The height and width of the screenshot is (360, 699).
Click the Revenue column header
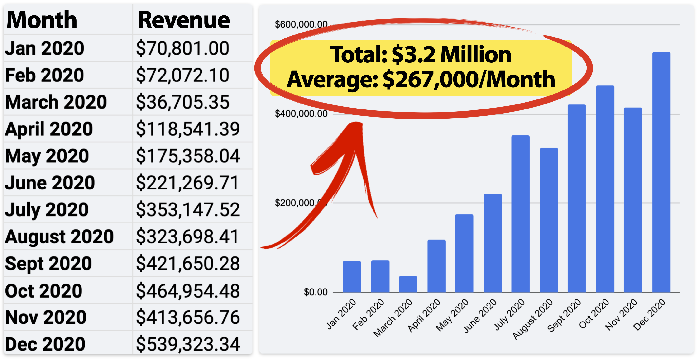click(183, 20)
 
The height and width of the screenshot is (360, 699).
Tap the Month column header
click(42, 20)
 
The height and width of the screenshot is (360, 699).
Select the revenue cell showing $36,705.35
click(183, 102)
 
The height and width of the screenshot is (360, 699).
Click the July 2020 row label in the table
click(47, 210)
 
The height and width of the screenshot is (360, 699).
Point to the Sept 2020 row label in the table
click(48, 263)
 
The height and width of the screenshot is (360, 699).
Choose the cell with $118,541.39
click(188, 129)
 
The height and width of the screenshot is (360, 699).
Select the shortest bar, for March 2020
click(408, 284)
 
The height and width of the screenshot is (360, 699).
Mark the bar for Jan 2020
click(352, 276)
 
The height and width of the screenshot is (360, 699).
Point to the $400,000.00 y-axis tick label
click(301, 114)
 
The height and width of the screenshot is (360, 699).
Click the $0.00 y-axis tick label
click(315, 292)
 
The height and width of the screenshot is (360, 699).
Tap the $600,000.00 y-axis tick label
click(301, 24)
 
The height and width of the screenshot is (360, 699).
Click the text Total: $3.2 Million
click(420, 55)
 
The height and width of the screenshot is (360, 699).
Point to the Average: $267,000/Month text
click(420, 80)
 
